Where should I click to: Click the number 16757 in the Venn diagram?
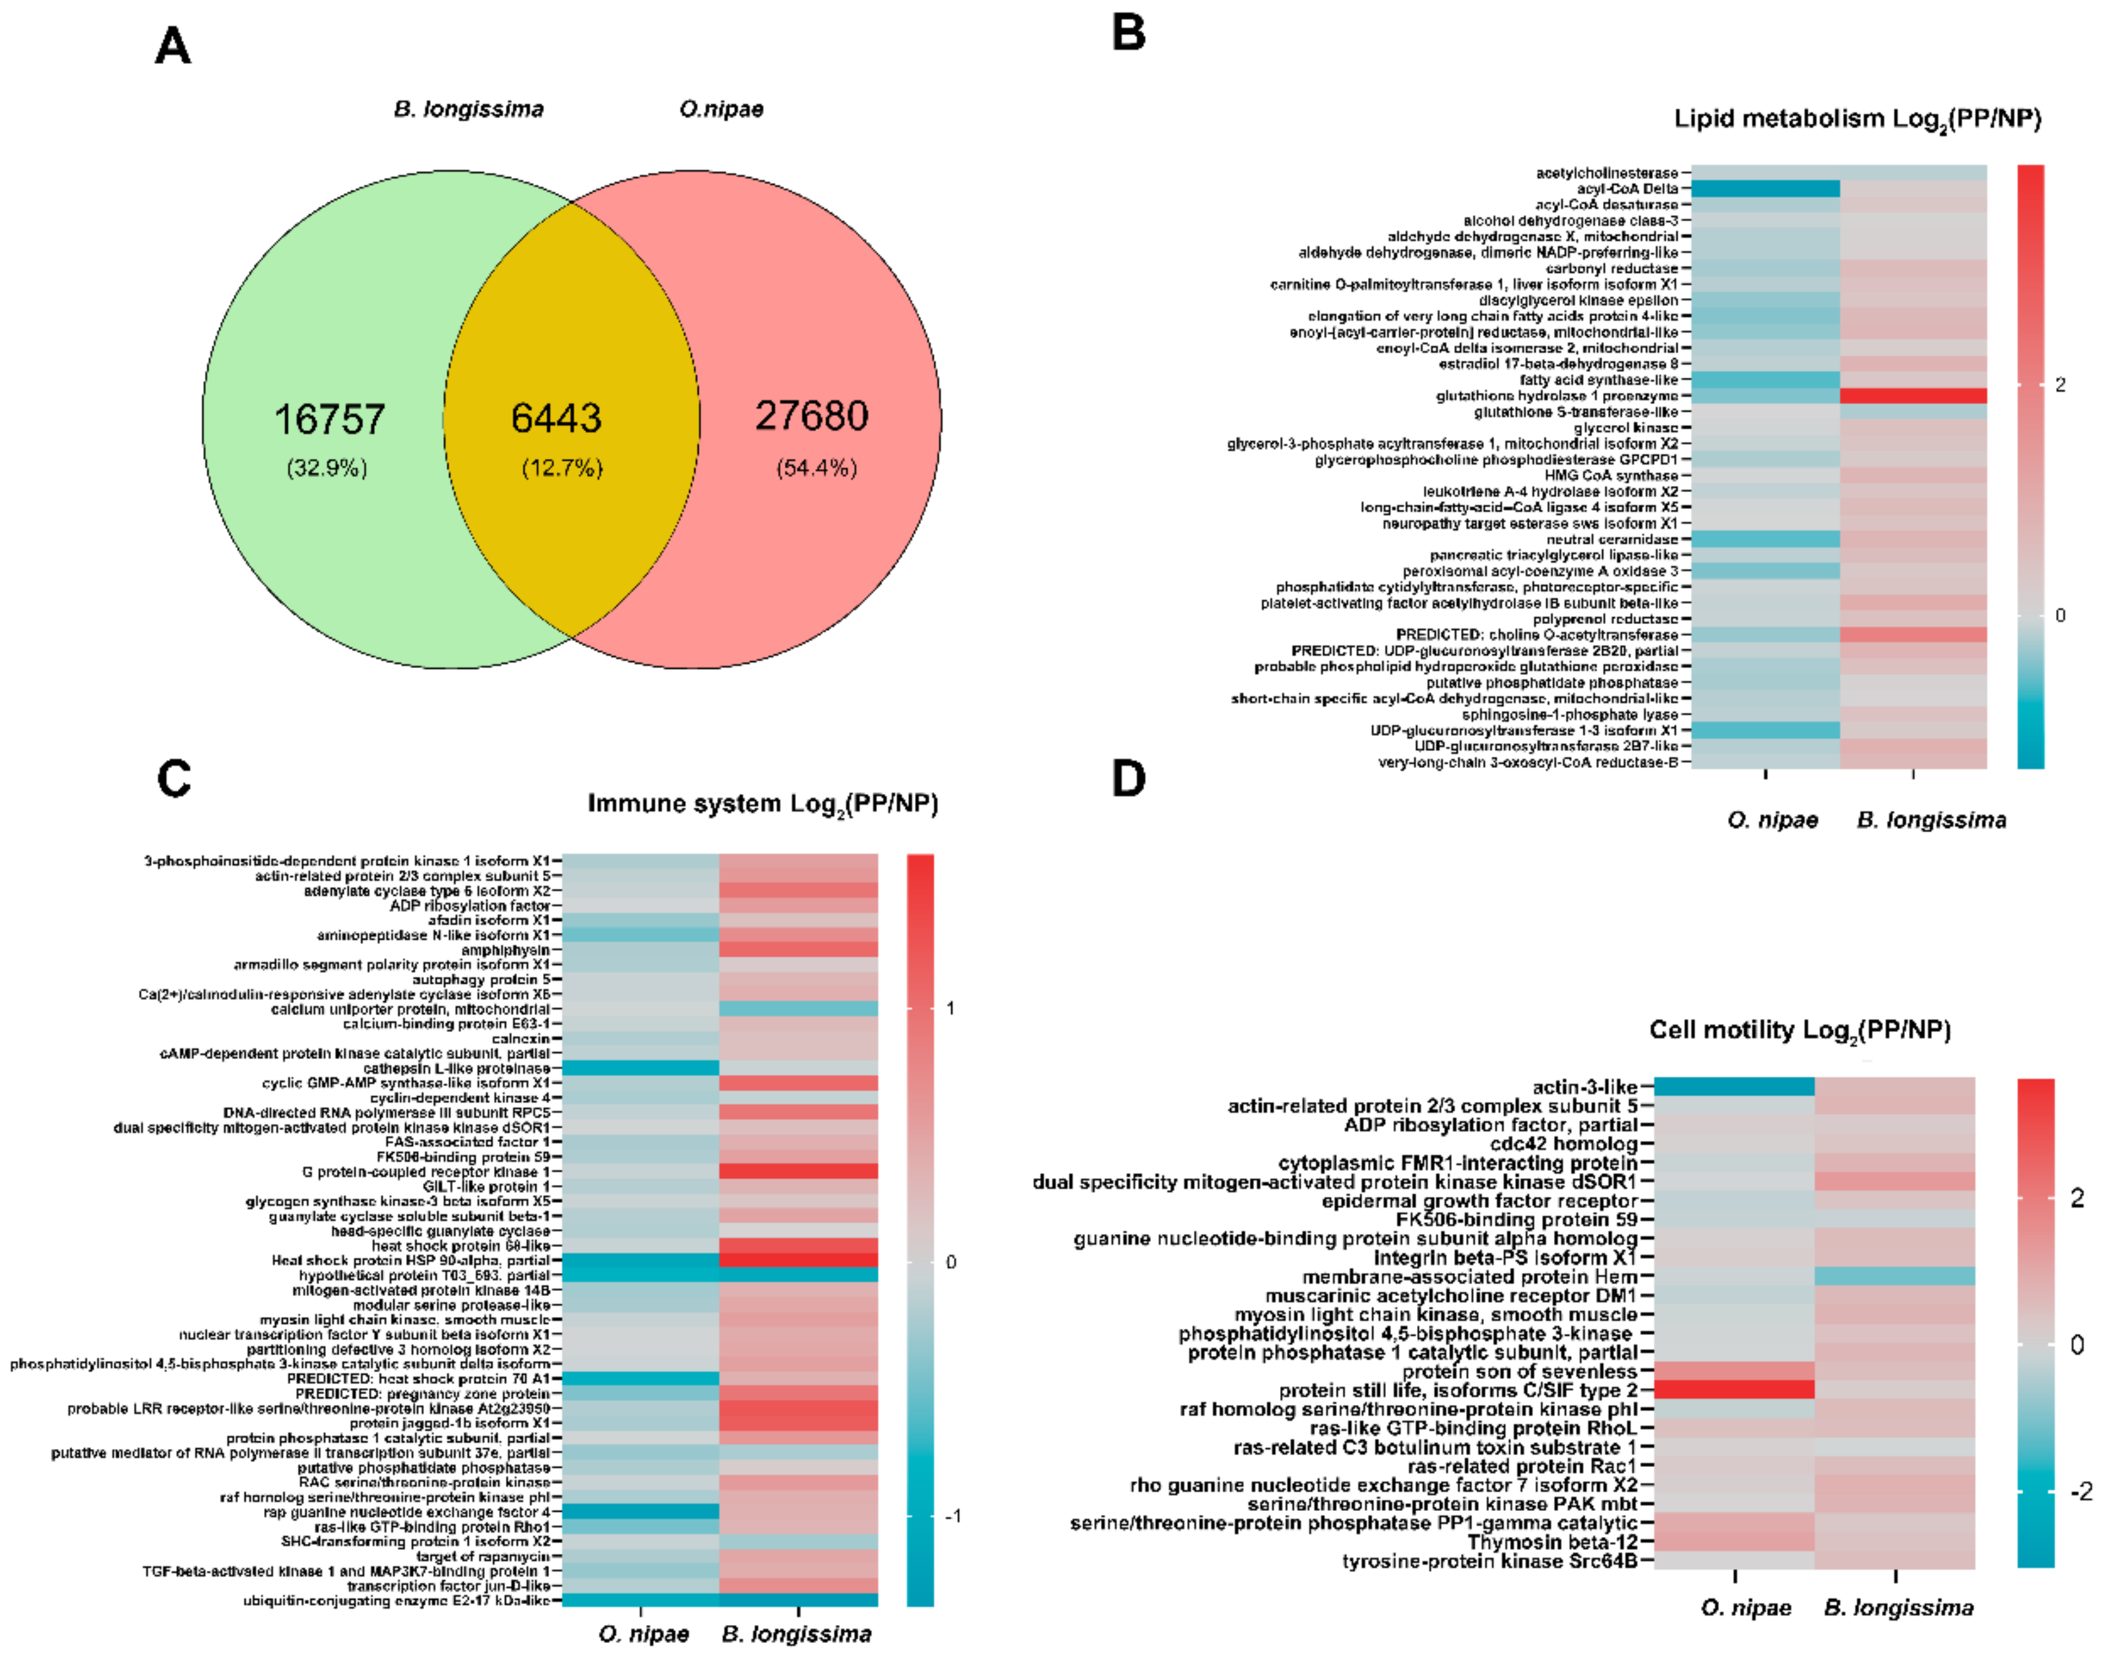coord(330,419)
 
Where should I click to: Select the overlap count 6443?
coord(557,418)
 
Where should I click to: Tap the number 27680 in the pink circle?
coord(813,415)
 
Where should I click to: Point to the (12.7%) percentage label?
coord(562,469)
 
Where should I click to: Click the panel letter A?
coord(172,46)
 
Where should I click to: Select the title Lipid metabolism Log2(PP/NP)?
coord(1857,119)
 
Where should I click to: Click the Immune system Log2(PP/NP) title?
coord(762,804)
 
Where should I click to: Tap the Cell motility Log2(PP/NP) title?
coord(1799,1029)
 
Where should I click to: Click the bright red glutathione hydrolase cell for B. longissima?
coord(1913,395)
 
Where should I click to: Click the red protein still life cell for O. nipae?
coord(1734,1390)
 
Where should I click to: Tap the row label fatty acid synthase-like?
coord(1598,380)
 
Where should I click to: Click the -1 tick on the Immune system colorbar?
coord(953,1515)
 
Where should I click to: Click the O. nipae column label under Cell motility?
coord(1745,1608)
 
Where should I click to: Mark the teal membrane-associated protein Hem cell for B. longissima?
coord(1895,1276)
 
